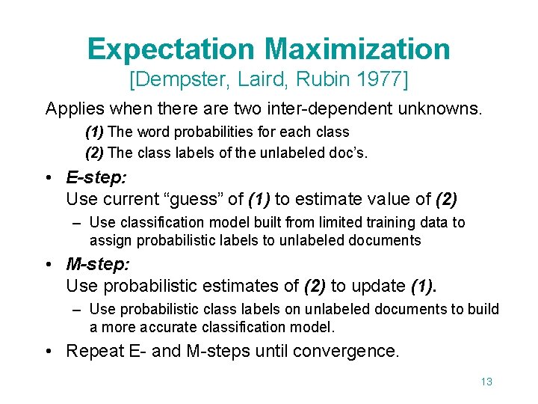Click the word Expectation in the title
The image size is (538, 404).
click(x=171, y=49)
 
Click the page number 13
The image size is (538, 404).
click(x=486, y=382)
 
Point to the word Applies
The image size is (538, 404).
click(x=74, y=108)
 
